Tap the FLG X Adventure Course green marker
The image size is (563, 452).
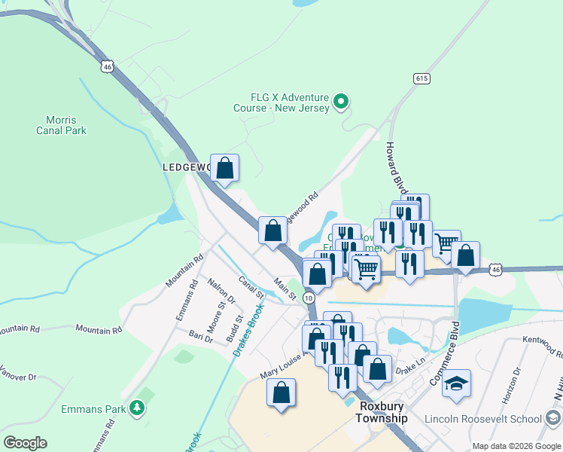(x=341, y=100)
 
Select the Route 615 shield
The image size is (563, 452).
(x=421, y=78)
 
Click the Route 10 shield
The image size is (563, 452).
(x=309, y=298)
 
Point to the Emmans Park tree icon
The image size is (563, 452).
(x=136, y=408)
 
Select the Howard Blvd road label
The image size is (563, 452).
(x=396, y=167)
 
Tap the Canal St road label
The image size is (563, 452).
(x=249, y=287)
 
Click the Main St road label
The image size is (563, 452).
(x=285, y=289)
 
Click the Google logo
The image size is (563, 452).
(x=25, y=443)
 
